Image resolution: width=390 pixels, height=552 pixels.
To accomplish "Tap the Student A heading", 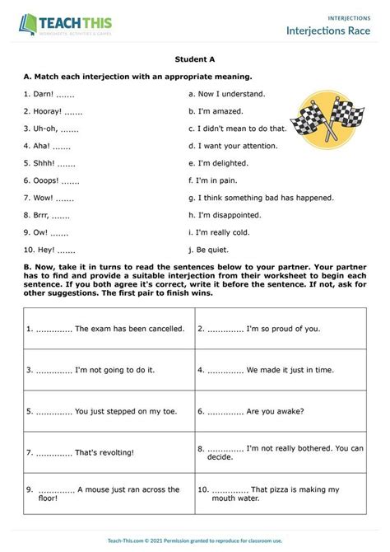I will [x=195, y=59].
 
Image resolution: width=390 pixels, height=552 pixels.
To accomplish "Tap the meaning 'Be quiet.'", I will [x=214, y=250].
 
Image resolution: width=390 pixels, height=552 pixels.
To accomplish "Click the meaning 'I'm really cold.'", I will [x=225, y=232].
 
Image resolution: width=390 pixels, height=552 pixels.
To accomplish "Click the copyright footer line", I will [x=195, y=540].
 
